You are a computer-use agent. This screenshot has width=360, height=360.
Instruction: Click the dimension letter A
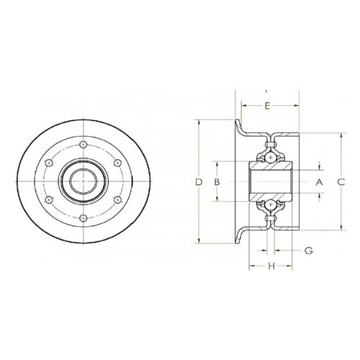pos(319,182)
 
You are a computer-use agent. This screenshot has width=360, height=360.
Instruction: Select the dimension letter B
pos(217,182)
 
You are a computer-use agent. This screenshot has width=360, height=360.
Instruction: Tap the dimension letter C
pos(341,182)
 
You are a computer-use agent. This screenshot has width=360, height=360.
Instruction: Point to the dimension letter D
pos(199,182)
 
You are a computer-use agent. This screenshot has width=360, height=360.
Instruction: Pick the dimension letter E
pos(267,106)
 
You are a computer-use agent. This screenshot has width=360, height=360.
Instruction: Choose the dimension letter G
pos(309,251)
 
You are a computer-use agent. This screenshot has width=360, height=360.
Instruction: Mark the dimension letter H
pos(271,266)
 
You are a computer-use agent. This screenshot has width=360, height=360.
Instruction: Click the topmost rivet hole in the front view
pos(83,145)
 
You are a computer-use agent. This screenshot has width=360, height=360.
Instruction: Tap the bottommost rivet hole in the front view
pos(83,218)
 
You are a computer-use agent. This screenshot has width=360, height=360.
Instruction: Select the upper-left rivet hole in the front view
pos(49,163)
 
